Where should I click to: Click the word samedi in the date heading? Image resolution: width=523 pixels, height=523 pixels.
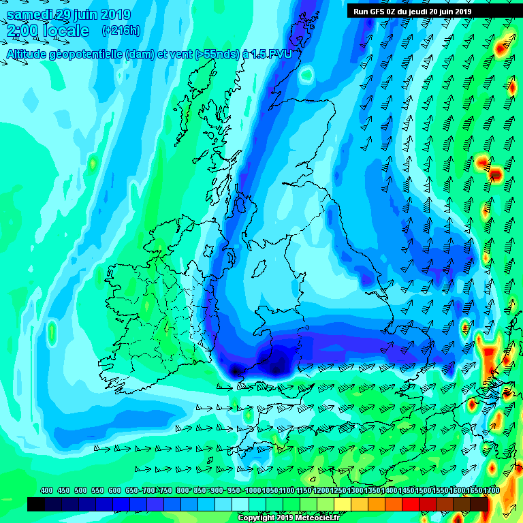pos(31,14)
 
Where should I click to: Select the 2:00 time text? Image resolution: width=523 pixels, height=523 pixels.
pos(23,31)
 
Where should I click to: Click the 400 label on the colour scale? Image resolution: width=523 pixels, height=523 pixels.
pos(46,490)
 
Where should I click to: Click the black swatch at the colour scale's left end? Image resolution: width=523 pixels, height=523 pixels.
pos(36,505)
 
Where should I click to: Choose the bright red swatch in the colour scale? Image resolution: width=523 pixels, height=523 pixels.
pos(411,505)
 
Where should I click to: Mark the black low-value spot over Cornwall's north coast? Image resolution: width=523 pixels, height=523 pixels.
pos(236,371)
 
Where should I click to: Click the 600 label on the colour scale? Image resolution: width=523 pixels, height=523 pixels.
pos(114,490)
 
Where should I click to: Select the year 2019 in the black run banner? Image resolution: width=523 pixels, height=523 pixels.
pos(462,11)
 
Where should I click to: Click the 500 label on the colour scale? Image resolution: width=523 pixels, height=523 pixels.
pos(80,490)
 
